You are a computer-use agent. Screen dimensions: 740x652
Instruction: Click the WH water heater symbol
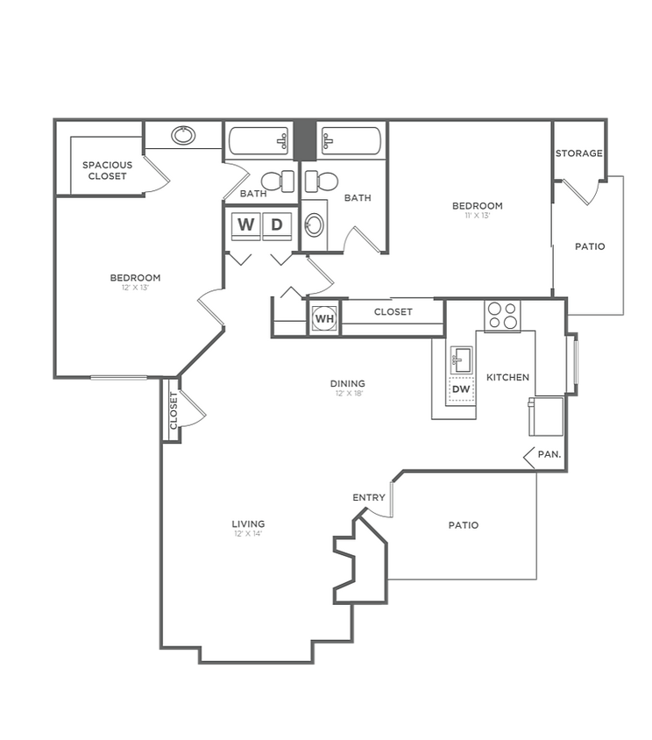click(x=324, y=317)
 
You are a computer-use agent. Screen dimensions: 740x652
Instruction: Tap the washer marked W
click(x=246, y=224)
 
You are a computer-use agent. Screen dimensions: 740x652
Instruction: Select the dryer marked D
click(x=277, y=224)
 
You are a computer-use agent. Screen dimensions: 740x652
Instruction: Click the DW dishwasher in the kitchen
click(x=461, y=388)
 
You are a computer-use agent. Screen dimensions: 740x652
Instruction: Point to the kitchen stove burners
click(x=502, y=316)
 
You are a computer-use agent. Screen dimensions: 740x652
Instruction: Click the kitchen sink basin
click(x=461, y=359)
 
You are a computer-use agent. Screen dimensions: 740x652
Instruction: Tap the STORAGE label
click(x=578, y=153)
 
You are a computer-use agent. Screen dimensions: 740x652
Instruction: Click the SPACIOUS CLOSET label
click(x=107, y=170)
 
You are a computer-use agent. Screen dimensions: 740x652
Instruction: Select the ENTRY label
click(x=369, y=498)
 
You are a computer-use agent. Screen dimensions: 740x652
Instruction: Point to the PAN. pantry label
click(x=549, y=455)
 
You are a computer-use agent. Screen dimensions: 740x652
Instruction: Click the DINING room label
click(x=347, y=383)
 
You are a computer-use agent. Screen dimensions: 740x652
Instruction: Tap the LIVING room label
click(x=249, y=524)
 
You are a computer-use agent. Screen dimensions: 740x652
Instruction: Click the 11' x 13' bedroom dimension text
click(x=477, y=216)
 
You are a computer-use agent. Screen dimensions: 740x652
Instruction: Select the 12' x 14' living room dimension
click(x=249, y=534)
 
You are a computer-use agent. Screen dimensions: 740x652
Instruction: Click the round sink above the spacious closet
click(x=183, y=135)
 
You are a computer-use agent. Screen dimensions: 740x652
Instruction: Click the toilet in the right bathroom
click(x=321, y=181)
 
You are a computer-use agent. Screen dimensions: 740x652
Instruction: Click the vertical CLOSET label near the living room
click(x=174, y=410)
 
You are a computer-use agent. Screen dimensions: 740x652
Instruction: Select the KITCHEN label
click(x=507, y=377)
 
